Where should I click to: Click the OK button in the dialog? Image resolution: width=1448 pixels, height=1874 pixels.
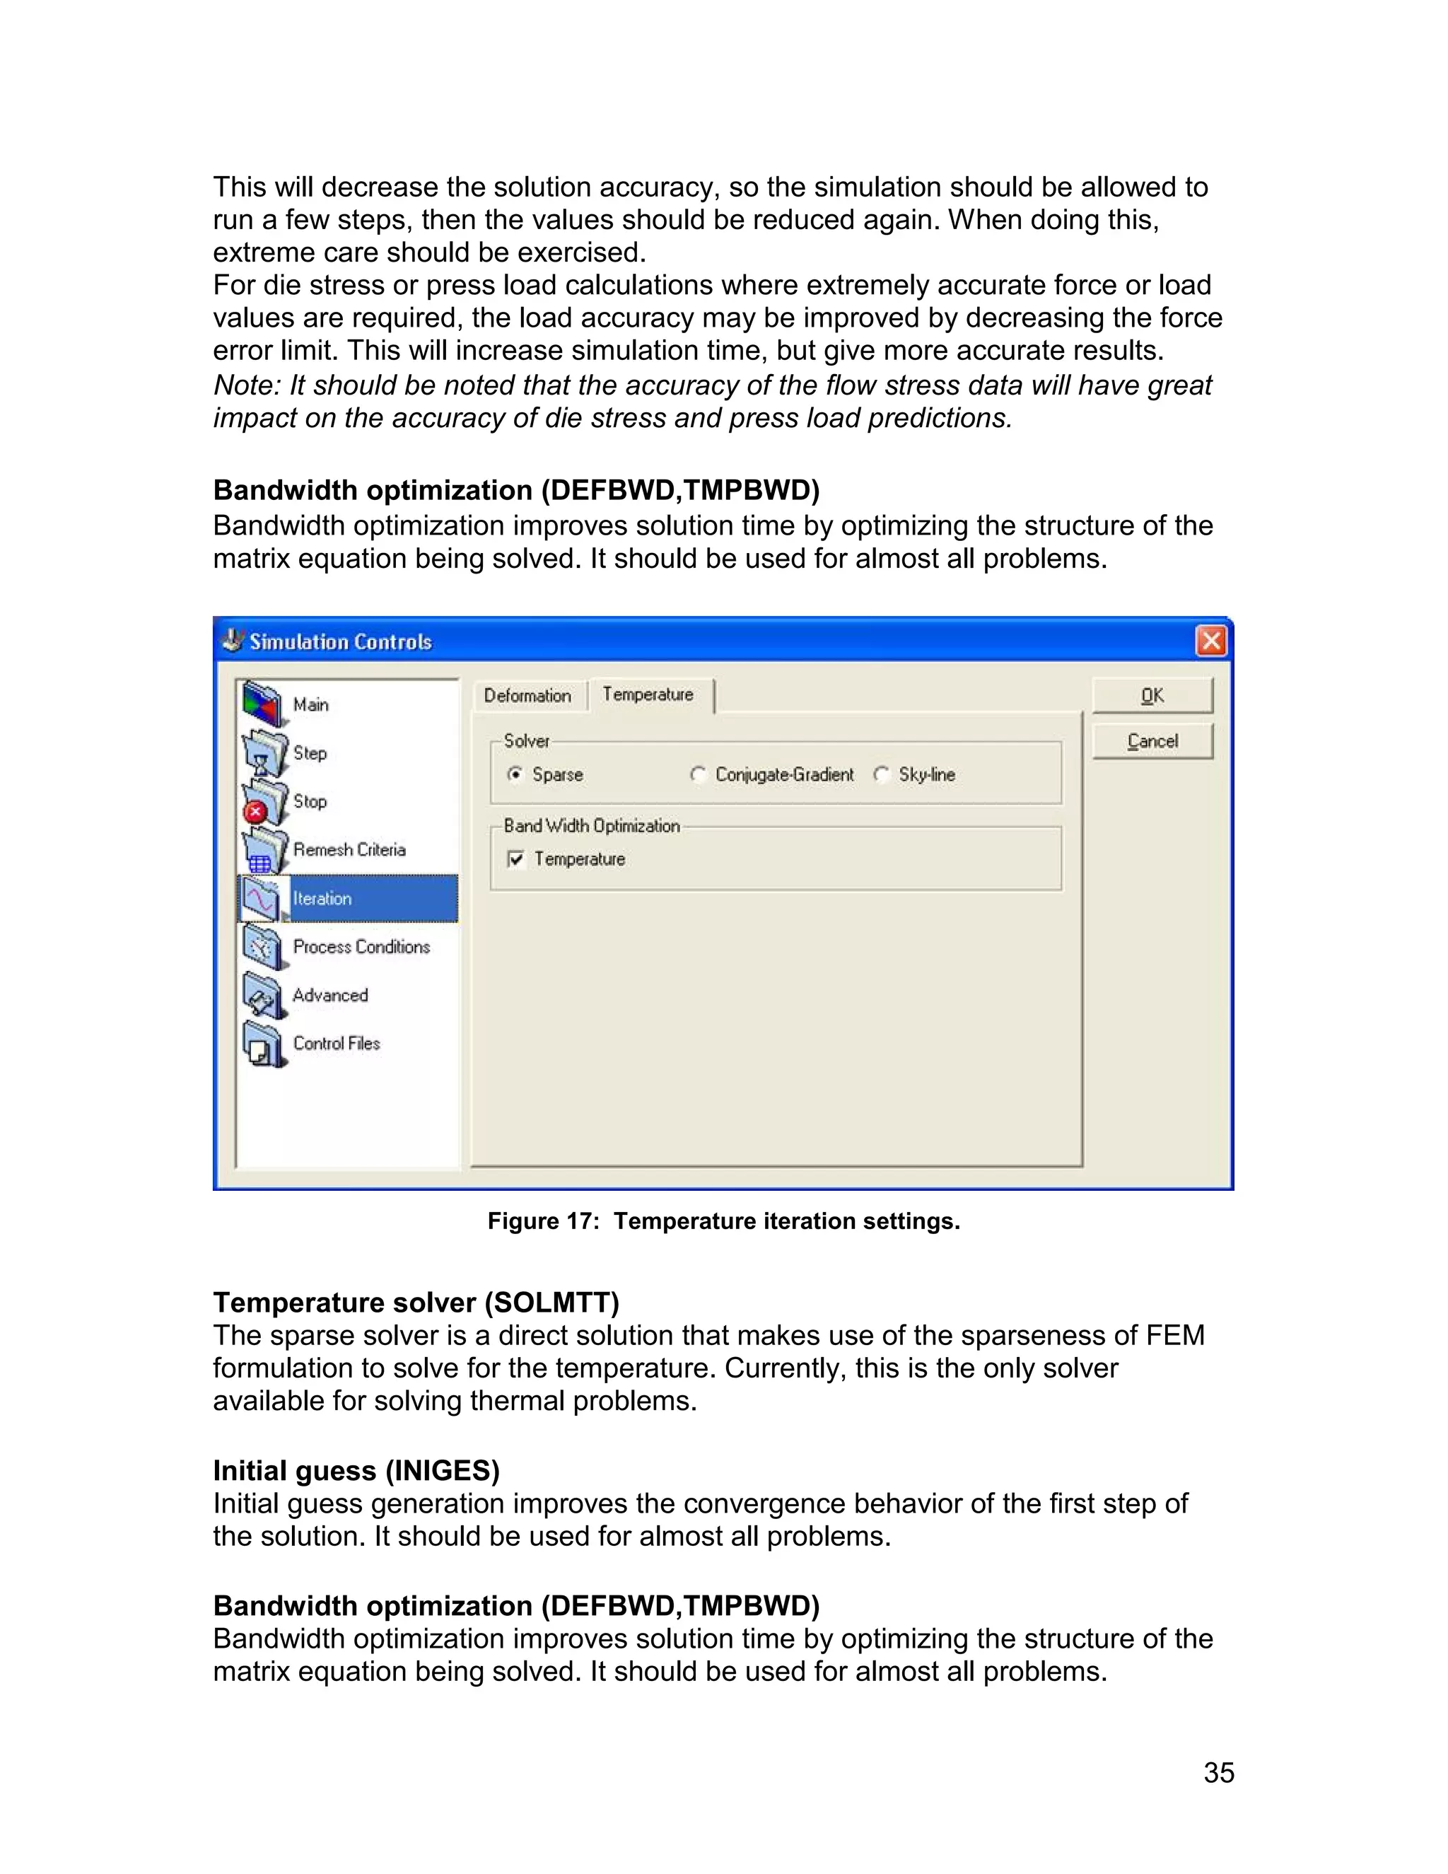tap(1152, 696)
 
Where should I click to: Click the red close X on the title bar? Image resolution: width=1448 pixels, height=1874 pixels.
tap(1210, 641)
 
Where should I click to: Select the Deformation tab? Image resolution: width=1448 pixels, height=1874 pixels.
tap(527, 696)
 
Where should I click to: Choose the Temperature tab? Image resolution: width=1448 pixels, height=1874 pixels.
tap(648, 694)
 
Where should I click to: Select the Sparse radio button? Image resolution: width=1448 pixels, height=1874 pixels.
tap(515, 775)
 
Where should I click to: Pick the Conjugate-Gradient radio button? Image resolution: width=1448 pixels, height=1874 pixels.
tap(699, 775)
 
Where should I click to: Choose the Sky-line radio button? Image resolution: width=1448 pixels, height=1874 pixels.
tap(882, 775)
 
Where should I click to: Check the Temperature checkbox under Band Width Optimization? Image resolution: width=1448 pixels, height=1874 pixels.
tap(516, 859)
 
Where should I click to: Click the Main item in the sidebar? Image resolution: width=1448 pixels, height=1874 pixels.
tap(310, 704)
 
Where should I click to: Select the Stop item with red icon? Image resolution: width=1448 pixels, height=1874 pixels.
tap(309, 801)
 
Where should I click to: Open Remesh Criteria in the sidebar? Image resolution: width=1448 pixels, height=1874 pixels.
tap(349, 849)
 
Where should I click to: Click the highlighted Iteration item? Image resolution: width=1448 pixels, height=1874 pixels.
tap(322, 898)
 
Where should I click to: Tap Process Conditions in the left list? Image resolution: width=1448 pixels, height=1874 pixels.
tap(361, 946)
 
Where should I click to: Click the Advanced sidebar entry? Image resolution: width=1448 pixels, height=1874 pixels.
tap(329, 996)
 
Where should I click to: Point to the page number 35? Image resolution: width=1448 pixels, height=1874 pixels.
tap(1218, 1772)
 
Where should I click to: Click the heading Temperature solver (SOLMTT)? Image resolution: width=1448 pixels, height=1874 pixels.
tap(416, 1303)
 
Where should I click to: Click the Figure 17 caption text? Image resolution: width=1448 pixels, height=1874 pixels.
tap(723, 1221)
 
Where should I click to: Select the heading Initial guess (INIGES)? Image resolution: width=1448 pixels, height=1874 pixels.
tap(356, 1471)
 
